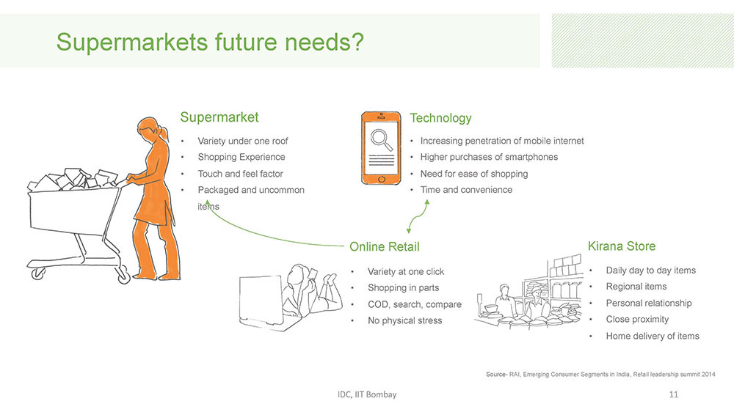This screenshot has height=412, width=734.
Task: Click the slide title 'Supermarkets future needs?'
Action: [210, 42]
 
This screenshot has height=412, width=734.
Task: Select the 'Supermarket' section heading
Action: [219, 117]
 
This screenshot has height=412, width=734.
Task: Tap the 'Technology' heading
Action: [440, 118]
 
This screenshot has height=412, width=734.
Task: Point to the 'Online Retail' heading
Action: [385, 246]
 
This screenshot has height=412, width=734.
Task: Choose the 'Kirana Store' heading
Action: [621, 246]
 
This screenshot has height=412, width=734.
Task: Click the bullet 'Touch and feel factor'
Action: [240, 174]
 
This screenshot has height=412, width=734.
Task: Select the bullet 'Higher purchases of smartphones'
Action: [489, 157]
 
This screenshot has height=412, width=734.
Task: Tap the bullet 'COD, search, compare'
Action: [414, 304]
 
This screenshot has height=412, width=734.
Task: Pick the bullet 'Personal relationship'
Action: [648, 303]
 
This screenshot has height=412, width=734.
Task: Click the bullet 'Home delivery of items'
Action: [652, 336]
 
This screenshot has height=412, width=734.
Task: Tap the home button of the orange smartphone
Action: [381, 180]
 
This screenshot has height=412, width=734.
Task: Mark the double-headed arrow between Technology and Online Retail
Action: [418, 216]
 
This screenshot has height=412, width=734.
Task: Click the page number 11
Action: [673, 394]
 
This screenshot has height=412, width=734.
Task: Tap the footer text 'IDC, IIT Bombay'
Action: [367, 394]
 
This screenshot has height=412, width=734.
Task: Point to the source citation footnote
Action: [600, 374]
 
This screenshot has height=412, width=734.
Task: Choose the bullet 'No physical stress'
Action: [404, 321]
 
